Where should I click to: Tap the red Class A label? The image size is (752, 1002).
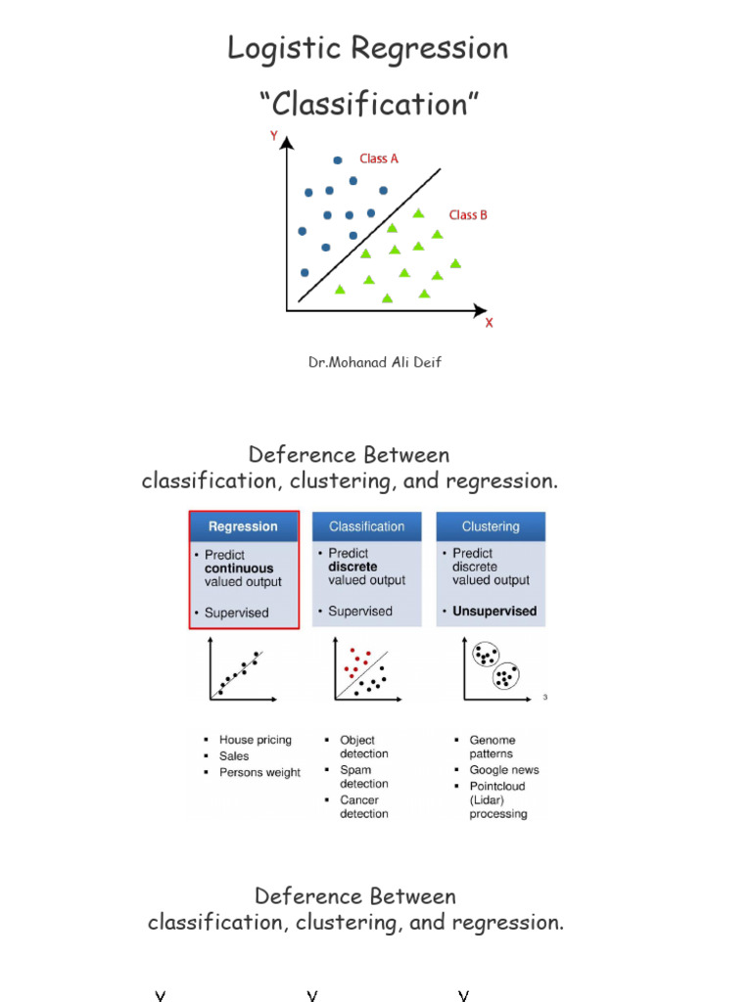click(x=379, y=159)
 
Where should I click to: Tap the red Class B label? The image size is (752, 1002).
click(x=468, y=215)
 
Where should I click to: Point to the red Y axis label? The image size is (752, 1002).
click(x=274, y=137)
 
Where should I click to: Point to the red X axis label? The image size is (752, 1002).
click(x=490, y=322)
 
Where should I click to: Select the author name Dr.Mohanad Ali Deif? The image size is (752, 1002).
click(x=375, y=363)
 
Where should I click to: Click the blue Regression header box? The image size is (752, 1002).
click(x=243, y=526)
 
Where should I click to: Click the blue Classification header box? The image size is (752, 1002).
click(x=366, y=526)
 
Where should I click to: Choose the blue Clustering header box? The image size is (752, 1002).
click(x=491, y=526)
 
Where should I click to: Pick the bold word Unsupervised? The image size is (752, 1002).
click(x=494, y=612)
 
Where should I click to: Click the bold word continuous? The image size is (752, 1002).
click(x=239, y=569)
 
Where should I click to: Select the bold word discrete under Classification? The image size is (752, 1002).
click(x=353, y=567)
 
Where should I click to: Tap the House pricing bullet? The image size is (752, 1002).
click(x=255, y=741)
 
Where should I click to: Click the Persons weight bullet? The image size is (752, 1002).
click(x=259, y=773)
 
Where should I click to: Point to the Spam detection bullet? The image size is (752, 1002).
click(x=363, y=777)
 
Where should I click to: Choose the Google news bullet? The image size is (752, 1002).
click(x=503, y=770)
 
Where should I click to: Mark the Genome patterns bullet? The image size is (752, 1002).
click(x=492, y=748)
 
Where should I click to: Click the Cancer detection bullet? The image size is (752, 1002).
click(x=363, y=807)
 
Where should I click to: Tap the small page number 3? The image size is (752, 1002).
click(x=544, y=698)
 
